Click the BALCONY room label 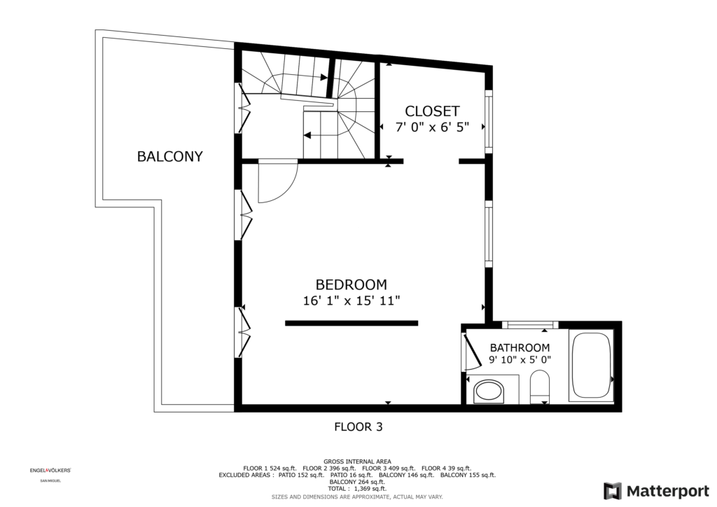(x=169, y=156)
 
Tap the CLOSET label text (x=432, y=111)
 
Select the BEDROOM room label (x=351, y=285)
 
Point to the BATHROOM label (x=520, y=347)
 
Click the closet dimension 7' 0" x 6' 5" (x=432, y=127)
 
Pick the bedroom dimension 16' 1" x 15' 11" (x=351, y=301)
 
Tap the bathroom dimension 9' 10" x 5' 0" (x=520, y=359)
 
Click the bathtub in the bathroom (x=591, y=366)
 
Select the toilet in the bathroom (x=540, y=387)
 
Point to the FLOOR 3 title (x=358, y=427)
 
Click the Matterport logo (x=657, y=491)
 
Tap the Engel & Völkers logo (x=50, y=471)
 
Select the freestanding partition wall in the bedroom (x=351, y=324)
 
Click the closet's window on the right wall (x=488, y=122)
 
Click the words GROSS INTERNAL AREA (x=357, y=461)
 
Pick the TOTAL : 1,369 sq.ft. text (x=357, y=489)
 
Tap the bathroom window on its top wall (x=531, y=325)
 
